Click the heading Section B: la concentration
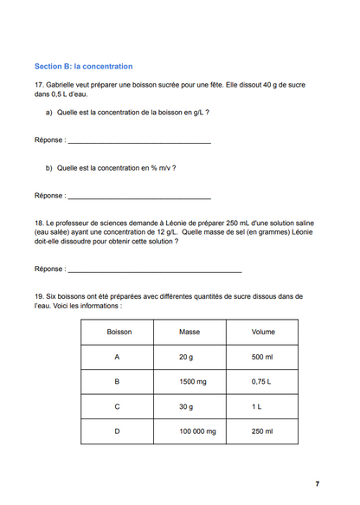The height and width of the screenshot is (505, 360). (x=83, y=66)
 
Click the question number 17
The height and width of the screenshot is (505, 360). (x=39, y=84)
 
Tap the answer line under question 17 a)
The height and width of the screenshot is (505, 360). (x=138, y=141)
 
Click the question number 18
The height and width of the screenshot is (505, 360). (x=39, y=223)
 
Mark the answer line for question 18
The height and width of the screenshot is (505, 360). (x=153, y=271)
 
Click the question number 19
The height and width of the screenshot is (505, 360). (x=39, y=296)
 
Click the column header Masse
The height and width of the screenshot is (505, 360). (x=189, y=332)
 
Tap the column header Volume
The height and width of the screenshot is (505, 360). (x=263, y=332)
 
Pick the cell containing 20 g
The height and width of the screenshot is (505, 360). (x=186, y=357)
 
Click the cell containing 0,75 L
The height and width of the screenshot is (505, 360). (x=261, y=381)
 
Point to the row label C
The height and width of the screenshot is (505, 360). (x=117, y=406)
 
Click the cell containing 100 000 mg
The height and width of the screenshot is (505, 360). (x=197, y=431)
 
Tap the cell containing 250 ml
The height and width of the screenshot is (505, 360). (x=262, y=431)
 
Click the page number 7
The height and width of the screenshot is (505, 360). (x=317, y=483)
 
